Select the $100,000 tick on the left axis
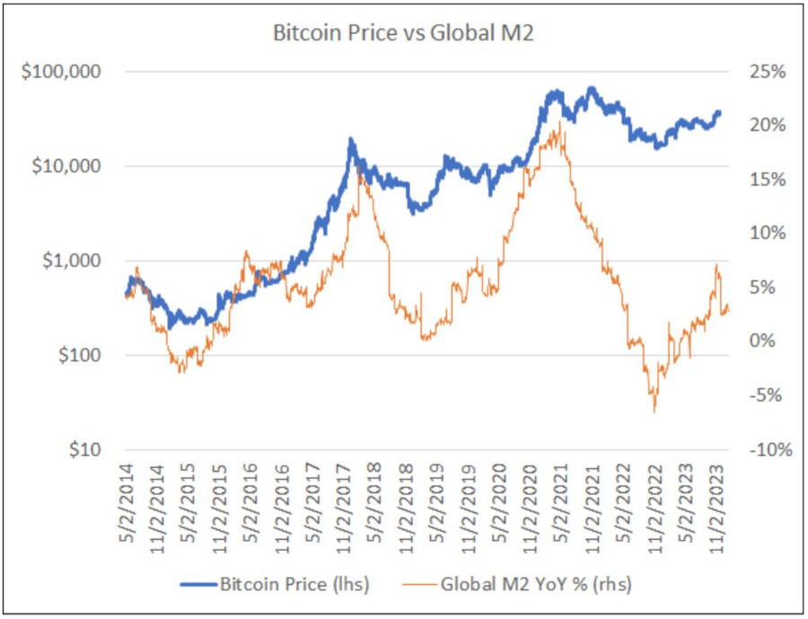[62, 71]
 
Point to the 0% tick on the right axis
[771, 341]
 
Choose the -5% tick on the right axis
[768, 395]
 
